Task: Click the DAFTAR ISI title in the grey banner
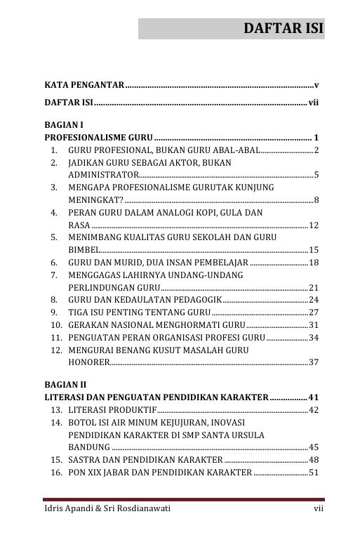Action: [x=283, y=29]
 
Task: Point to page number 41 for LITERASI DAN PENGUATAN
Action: [x=313, y=397]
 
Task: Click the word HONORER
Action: [x=88, y=362]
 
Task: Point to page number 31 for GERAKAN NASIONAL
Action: [x=314, y=324]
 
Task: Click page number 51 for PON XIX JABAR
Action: [x=314, y=472]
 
